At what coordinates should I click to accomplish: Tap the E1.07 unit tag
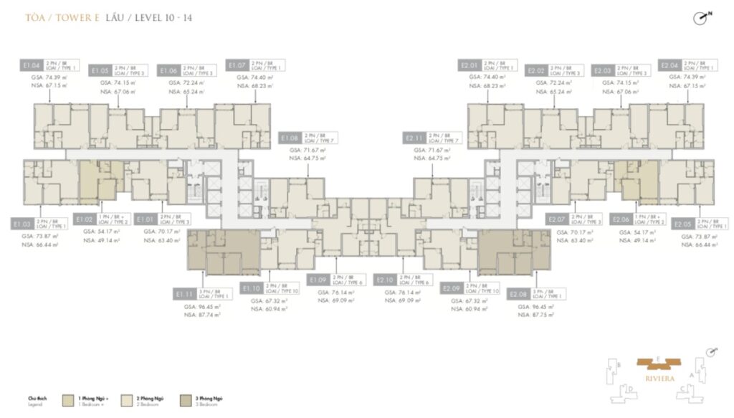coord(237,65)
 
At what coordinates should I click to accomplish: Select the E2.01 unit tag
coord(469,65)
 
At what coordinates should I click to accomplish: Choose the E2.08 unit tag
coord(518,294)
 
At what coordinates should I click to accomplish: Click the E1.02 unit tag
coord(85,219)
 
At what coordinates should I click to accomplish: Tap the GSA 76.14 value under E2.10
coord(401,292)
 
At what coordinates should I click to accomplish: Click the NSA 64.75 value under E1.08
coord(308,158)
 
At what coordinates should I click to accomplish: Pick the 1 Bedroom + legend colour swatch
coord(68,399)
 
